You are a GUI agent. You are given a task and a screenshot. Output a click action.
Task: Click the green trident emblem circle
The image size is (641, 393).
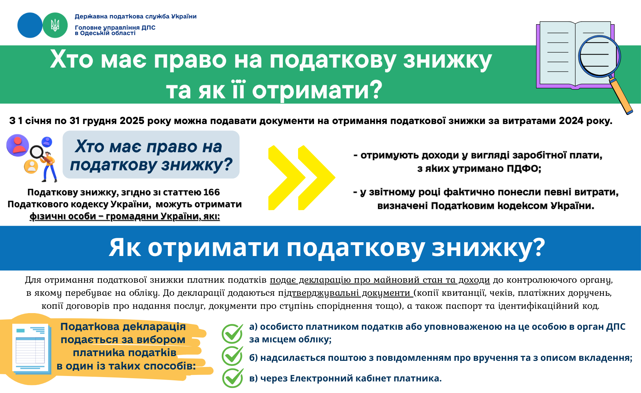[55, 25]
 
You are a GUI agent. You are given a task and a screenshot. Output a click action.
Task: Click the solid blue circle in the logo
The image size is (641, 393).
[30, 25]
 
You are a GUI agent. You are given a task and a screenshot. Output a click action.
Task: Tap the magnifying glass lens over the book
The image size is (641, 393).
[599, 56]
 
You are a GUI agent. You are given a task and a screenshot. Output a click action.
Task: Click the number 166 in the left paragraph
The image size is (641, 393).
[212, 192]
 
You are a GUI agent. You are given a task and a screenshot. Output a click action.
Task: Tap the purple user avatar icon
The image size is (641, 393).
[18, 145]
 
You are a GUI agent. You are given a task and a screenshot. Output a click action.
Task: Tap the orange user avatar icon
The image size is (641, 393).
[31, 166]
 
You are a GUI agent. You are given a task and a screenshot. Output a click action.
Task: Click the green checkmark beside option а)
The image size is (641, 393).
[232, 333]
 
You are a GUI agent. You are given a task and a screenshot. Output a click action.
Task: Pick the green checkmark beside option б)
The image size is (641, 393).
[232, 356]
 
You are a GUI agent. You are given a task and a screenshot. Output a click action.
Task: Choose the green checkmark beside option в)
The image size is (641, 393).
[232, 378]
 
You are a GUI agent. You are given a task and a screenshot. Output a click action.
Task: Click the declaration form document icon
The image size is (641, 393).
[30, 349]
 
